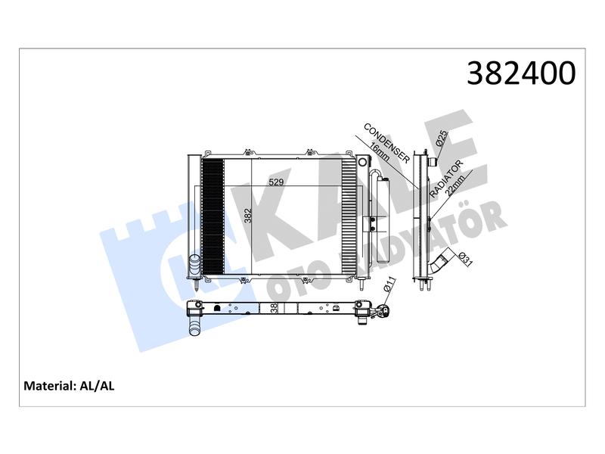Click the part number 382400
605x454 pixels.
(521, 73)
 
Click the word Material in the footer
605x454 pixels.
(48, 386)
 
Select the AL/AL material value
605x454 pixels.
(97, 386)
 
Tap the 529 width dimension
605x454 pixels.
(276, 182)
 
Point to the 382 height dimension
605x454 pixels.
(248, 216)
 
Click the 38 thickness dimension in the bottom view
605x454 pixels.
(274, 308)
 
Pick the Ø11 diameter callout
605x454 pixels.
(389, 285)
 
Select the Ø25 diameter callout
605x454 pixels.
(442, 138)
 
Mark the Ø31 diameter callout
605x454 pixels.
(465, 259)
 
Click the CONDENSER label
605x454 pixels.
(386, 143)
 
